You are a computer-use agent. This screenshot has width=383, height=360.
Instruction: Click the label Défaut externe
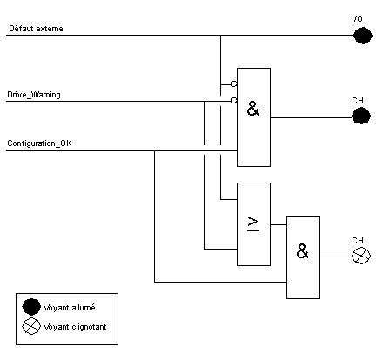(36, 29)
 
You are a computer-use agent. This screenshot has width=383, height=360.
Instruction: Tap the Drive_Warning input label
(34, 95)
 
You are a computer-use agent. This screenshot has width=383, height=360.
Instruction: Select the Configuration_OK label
(39, 143)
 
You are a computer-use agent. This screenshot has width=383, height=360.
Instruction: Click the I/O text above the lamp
(357, 19)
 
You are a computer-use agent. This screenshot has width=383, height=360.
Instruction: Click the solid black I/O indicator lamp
(363, 36)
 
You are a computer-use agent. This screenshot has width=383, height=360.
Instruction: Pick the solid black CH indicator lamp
(361, 116)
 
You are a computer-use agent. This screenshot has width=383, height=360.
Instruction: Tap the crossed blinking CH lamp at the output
(361, 256)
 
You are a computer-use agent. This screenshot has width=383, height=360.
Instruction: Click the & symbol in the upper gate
(253, 109)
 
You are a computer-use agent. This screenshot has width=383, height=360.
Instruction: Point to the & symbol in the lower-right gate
(303, 251)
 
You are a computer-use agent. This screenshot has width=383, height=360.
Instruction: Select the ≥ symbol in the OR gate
(253, 224)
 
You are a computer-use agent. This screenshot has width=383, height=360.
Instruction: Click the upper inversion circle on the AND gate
(234, 83)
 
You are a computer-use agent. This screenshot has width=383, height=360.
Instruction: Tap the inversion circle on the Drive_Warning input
(234, 100)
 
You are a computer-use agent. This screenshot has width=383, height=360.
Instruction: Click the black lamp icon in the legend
(31, 307)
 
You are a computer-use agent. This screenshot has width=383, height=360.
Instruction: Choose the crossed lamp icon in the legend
(31, 326)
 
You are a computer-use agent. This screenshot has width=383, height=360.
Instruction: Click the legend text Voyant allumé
(69, 308)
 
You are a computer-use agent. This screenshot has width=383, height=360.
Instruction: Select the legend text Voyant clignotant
(75, 327)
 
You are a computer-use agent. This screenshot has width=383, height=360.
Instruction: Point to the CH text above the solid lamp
(358, 101)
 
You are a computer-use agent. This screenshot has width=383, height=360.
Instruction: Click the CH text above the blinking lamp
(358, 241)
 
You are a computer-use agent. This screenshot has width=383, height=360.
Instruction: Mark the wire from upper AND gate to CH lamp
(311, 117)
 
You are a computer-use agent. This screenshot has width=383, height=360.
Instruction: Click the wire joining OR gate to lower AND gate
(279, 224)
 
